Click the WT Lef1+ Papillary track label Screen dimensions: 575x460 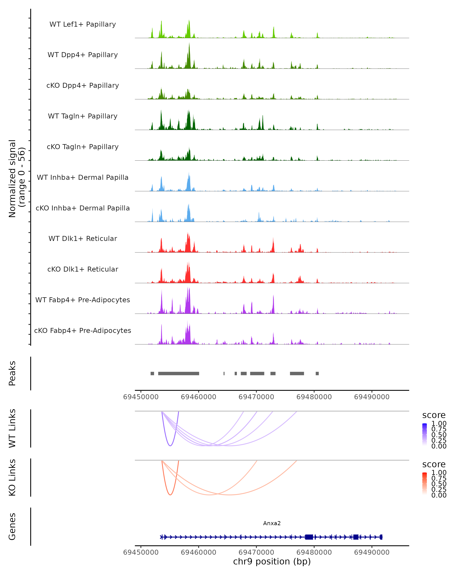click(83, 24)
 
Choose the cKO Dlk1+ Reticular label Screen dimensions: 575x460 click(83, 269)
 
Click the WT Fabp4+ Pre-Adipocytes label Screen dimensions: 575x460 click(83, 300)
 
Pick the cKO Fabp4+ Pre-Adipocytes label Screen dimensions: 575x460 click(83, 330)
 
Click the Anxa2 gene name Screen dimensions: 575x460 click(272, 523)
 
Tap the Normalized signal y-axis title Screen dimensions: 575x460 click(16, 179)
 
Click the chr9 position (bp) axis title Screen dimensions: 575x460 click(272, 561)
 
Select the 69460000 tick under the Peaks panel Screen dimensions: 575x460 click(198, 397)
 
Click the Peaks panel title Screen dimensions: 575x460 click(12, 373)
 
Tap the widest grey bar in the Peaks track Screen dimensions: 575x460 click(178, 373)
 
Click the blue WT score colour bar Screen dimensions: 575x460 click(425, 435)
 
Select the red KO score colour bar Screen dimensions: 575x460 click(425, 484)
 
